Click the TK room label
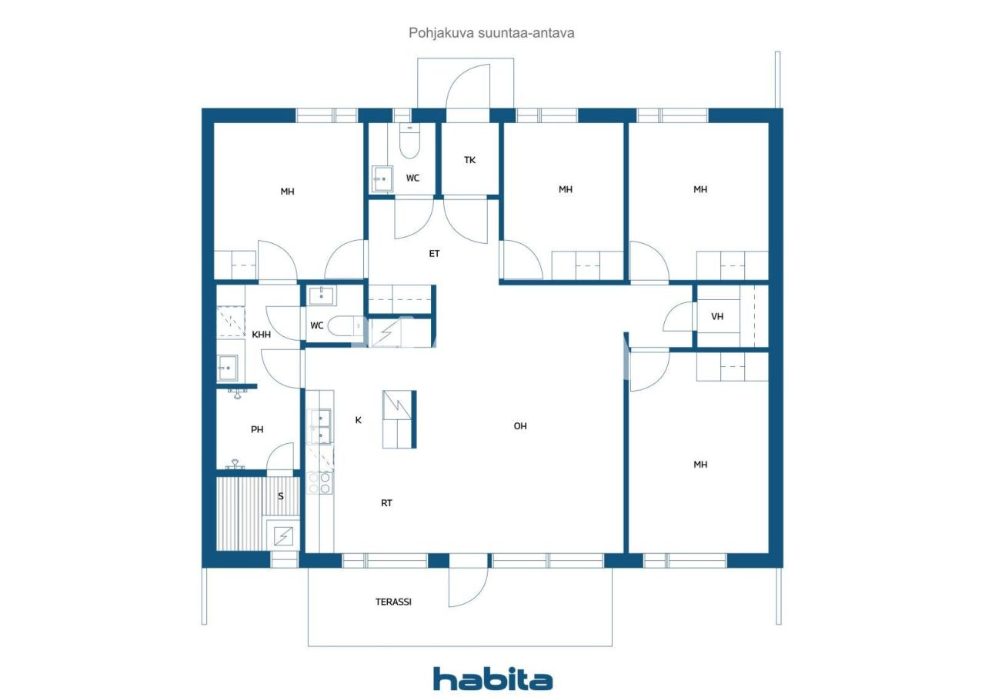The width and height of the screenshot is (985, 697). tap(469, 160)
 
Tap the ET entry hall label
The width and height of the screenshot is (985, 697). tap(434, 254)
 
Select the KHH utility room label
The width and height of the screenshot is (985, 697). tap(261, 335)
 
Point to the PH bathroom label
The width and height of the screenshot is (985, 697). tap(257, 429)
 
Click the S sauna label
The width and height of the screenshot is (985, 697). tap(281, 496)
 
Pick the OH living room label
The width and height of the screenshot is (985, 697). tap(520, 426)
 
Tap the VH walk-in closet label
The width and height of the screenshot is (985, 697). tap(717, 316)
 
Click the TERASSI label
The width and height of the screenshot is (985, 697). tap(393, 602)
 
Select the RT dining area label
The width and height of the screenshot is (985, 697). tap(386, 503)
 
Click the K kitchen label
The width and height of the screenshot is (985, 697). tap(358, 420)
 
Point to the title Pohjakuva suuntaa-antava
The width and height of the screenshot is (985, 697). tap(492, 33)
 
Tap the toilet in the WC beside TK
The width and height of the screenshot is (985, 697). tap(410, 141)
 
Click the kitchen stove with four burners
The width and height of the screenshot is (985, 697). tap(319, 483)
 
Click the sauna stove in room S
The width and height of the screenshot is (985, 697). tap(283, 535)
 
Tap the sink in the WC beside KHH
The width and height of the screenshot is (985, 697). tap(322, 295)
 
